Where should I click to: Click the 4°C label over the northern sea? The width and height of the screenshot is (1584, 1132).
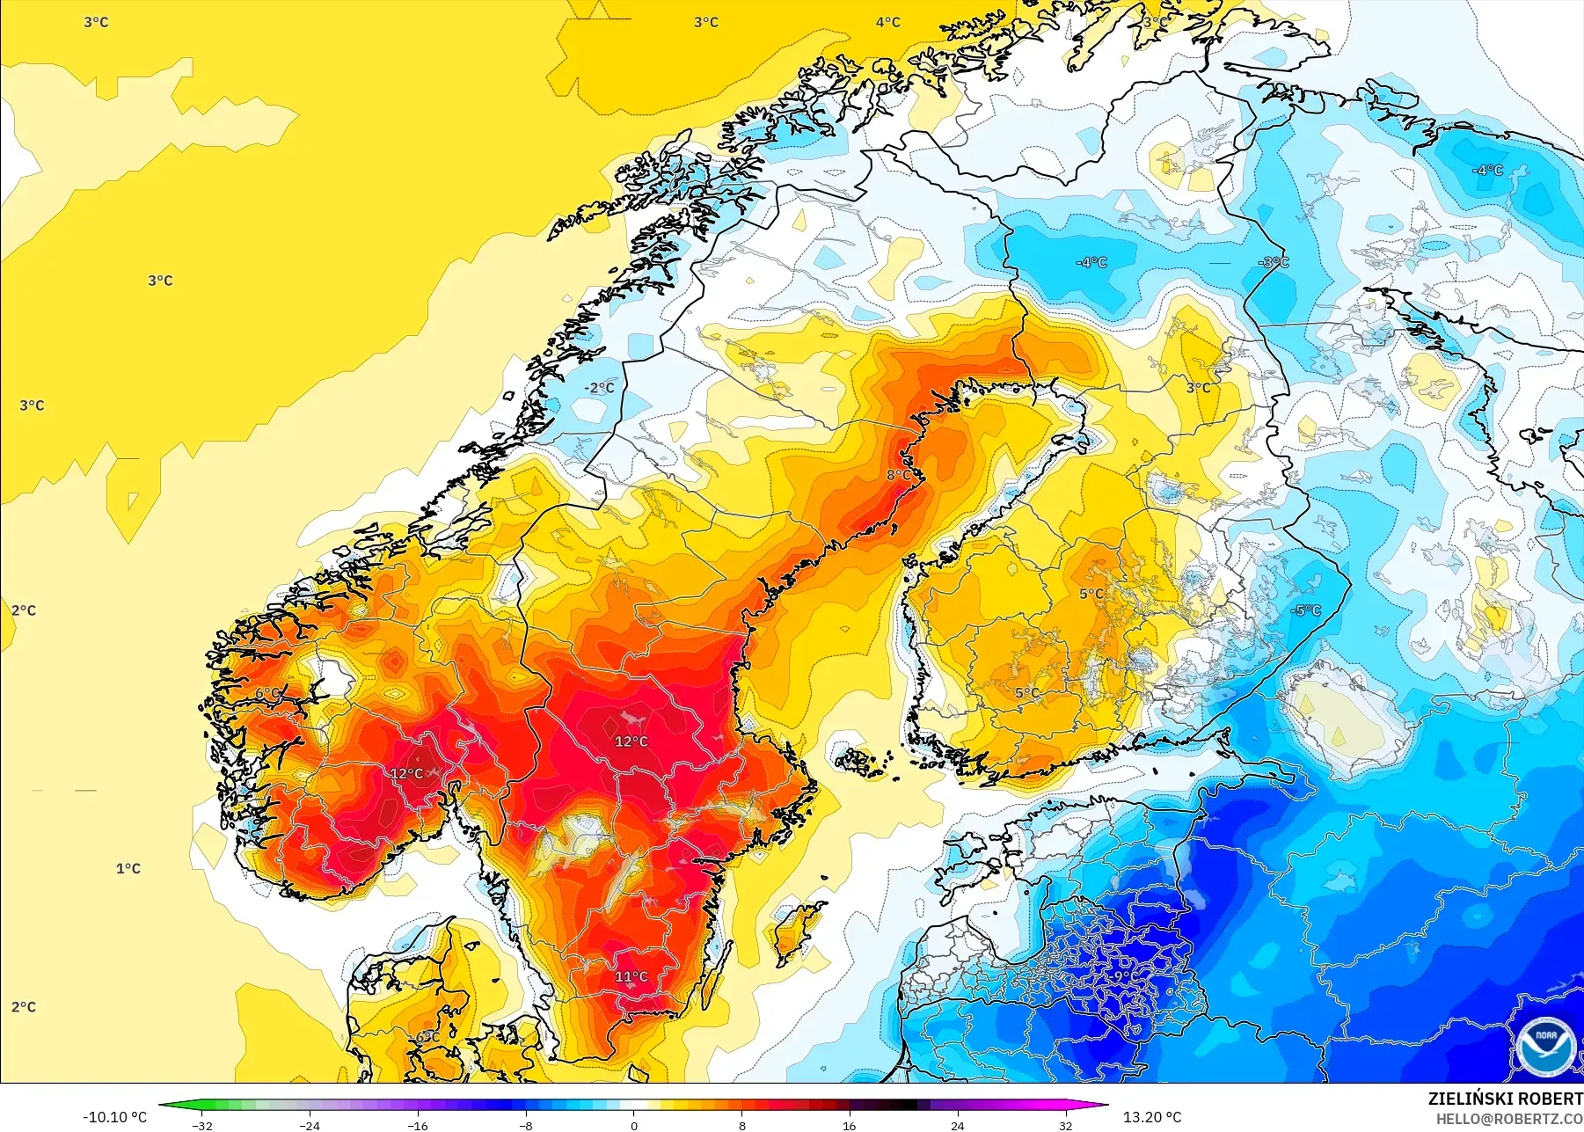click(x=887, y=22)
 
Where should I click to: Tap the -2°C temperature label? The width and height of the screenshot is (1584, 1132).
click(x=600, y=388)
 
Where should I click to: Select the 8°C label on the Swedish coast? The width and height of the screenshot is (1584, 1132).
click(x=899, y=475)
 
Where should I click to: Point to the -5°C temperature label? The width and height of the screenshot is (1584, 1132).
click(x=1306, y=610)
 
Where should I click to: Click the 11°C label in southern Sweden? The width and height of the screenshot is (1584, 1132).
click(x=631, y=977)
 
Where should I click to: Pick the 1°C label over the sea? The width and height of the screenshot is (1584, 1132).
click(x=128, y=869)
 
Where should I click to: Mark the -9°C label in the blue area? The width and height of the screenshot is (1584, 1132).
click(x=1119, y=976)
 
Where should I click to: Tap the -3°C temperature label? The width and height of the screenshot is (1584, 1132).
click(x=1274, y=263)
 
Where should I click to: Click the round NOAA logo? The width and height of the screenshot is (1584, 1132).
click(x=1545, y=1046)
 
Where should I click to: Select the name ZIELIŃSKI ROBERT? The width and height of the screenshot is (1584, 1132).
click(x=1505, y=1099)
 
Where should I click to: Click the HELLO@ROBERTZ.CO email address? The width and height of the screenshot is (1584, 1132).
click(x=1509, y=1120)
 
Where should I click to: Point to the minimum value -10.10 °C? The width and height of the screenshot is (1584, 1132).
click(x=115, y=1117)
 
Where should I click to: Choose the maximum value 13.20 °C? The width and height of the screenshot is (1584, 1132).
click(x=1152, y=1117)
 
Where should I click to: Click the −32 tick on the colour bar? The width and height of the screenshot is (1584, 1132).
click(x=202, y=1125)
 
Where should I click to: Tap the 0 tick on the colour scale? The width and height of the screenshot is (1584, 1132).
click(x=634, y=1125)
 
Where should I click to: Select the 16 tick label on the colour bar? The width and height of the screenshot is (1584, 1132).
click(x=849, y=1125)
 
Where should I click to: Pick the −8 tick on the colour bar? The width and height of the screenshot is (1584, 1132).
click(x=525, y=1125)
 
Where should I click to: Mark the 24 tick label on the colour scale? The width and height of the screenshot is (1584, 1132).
click(x=957, y=1125)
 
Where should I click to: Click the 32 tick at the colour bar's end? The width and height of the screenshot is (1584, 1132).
click(x=1065, y=1125)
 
